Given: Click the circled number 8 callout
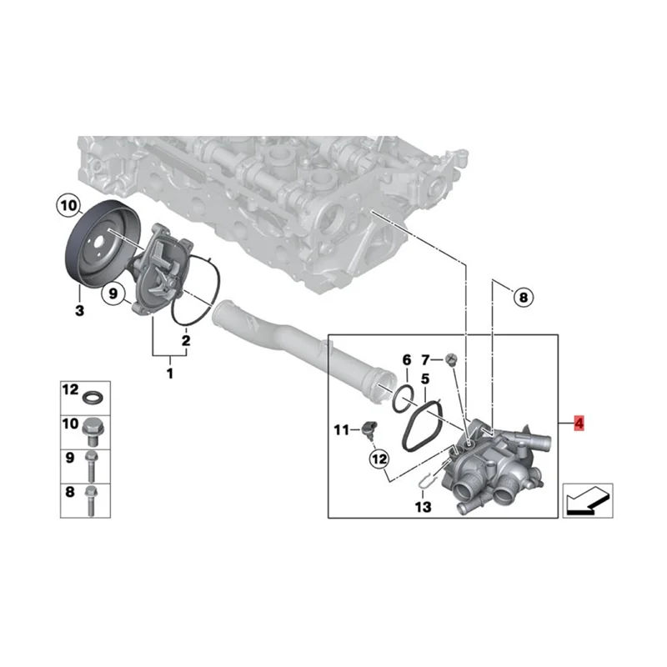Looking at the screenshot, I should (522, 296).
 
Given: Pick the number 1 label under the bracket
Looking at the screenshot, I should (170, 374).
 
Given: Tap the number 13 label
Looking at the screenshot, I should (424, 506).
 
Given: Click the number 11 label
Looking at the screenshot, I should (340, 430).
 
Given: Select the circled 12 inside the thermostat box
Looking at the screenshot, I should (380, 458).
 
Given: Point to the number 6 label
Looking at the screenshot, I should (407, 360).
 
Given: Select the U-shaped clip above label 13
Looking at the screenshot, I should (426, 481).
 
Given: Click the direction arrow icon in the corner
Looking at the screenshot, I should (587, 500).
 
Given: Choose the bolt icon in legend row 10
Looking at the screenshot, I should (91, 428).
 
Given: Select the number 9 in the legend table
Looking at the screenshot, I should (70, 458).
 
